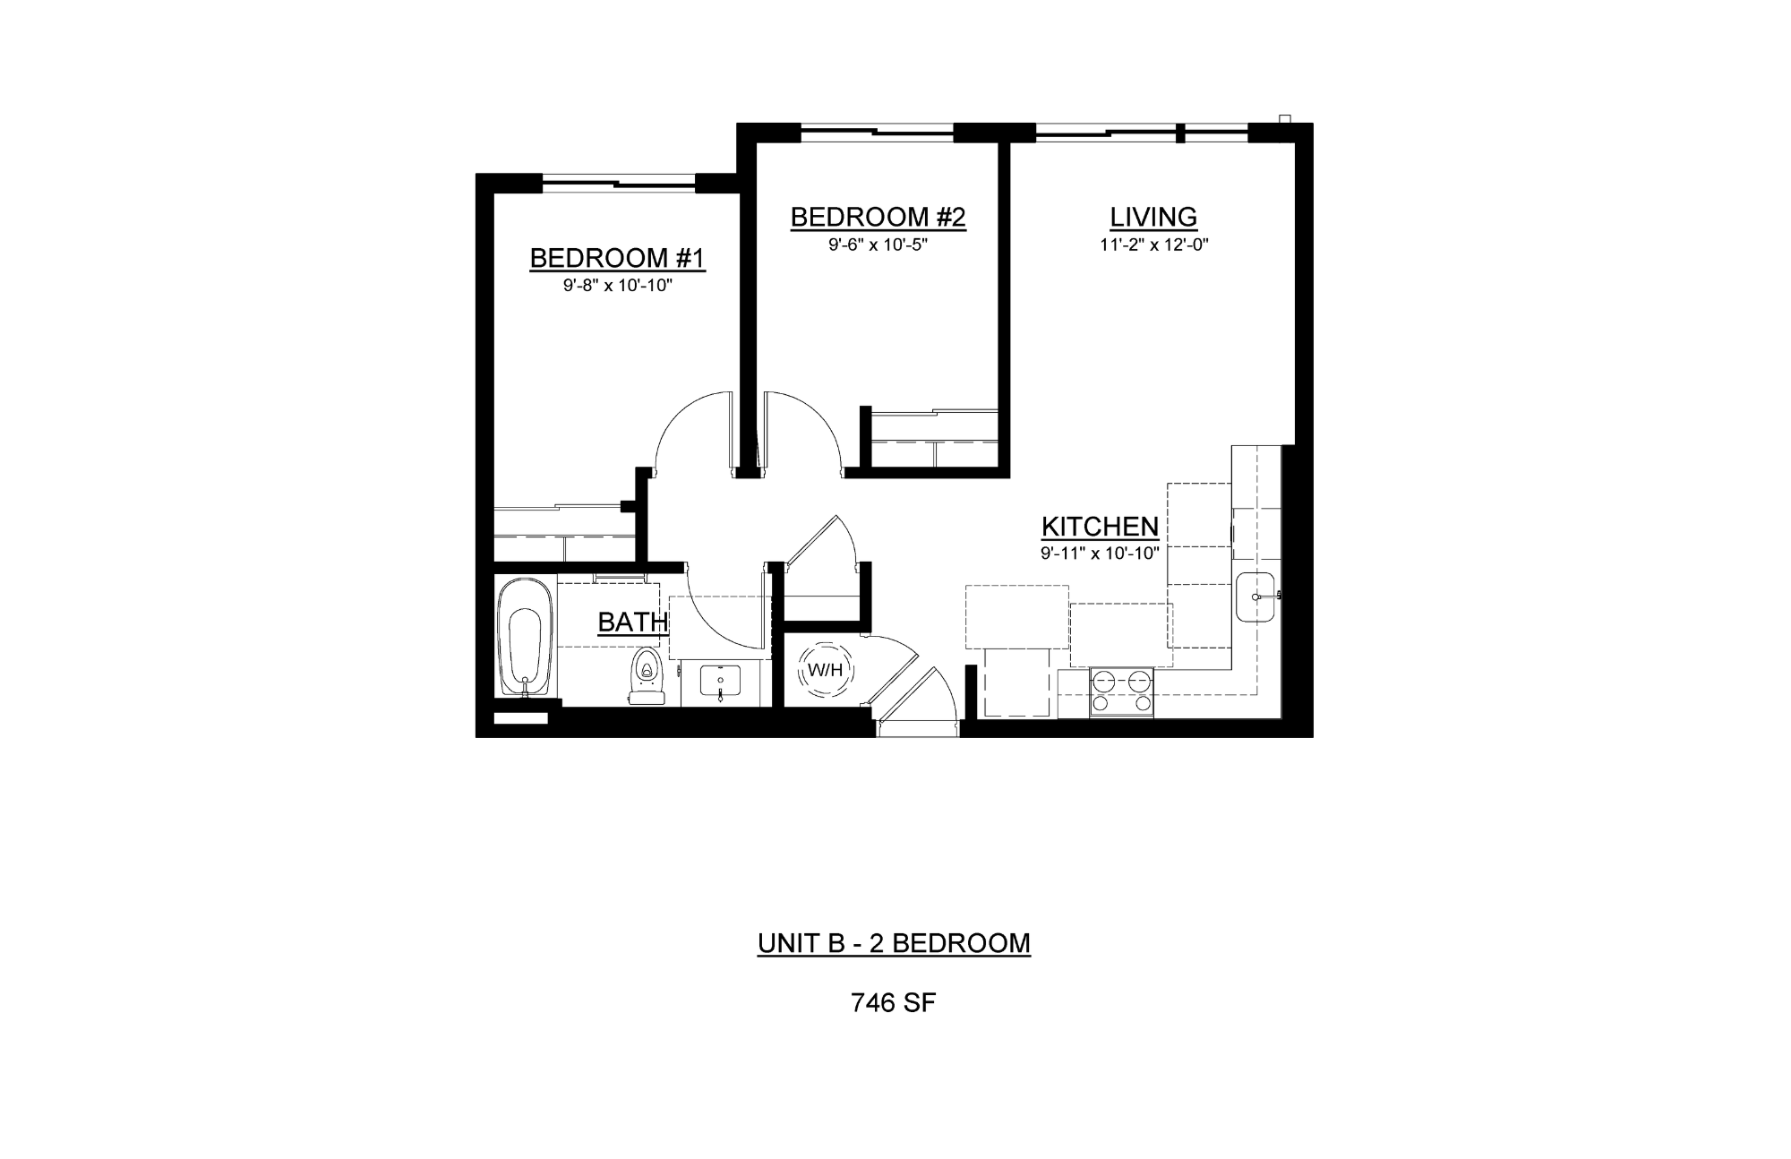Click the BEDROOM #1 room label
pos(617,258)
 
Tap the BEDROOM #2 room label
pos(878,217)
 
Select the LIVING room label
pos(1153,217)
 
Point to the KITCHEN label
pos(1100,527)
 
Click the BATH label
pos(633,622)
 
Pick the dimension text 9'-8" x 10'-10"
pos(617,286)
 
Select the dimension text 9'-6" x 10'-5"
pos(878,245)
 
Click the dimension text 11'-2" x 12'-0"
pos(1154,245)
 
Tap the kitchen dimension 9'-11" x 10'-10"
pos(1100,554)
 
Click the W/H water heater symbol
pos(825,669)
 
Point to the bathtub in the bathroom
pos(526,638)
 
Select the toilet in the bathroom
pos(646,676)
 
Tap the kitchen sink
pos(1259,597)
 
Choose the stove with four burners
pos(1121,692)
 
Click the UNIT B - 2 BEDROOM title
pos(894,943)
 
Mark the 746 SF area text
pos(893,1003)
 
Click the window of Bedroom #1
pos(619,184)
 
